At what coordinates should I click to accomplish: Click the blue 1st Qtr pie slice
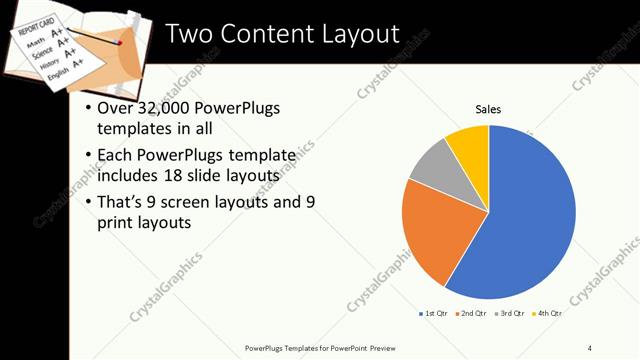[530, 220]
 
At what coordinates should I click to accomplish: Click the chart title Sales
[488, 109]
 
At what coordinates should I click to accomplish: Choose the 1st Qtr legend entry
[435, 314]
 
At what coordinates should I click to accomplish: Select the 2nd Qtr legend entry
[472, 314]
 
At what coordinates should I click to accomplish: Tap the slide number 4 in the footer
[590, 347]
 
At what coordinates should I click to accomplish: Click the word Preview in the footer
[391, 347]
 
